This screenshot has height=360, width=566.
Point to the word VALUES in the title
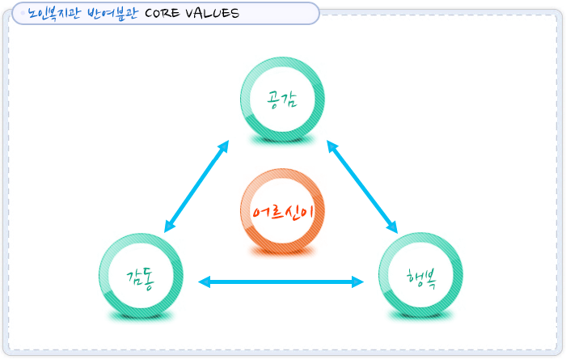point(213,14)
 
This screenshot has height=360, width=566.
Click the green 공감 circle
point(282,98)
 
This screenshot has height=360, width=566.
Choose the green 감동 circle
point(141,274)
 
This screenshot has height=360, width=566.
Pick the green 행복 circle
point(421,274)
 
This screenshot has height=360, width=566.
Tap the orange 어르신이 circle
point(282,210)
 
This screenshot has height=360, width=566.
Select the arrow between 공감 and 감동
point(196,187)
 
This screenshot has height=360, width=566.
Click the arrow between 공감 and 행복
point(362,187)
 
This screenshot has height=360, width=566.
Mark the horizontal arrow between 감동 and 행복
point(281,282)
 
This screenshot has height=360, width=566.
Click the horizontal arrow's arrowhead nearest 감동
point(205,282)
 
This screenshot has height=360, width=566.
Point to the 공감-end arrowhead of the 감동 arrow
point(224,146)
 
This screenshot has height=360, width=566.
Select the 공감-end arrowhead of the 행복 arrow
point(332,146)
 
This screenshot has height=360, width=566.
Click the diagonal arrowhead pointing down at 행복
point(393,228)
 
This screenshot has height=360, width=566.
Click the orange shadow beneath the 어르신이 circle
point(282,253)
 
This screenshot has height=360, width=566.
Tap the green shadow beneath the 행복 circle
point(421,317)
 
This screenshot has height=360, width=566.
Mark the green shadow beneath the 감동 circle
point(141,317)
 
